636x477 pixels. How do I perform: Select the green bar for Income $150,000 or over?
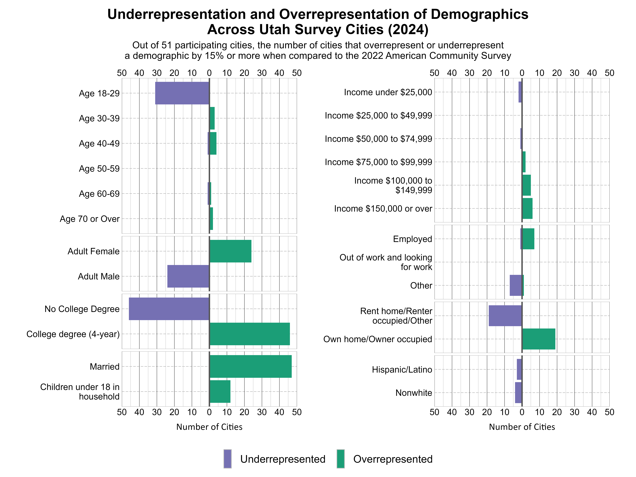[x=527, y=209]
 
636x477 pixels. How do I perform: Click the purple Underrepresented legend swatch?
[x=227, y=459]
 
